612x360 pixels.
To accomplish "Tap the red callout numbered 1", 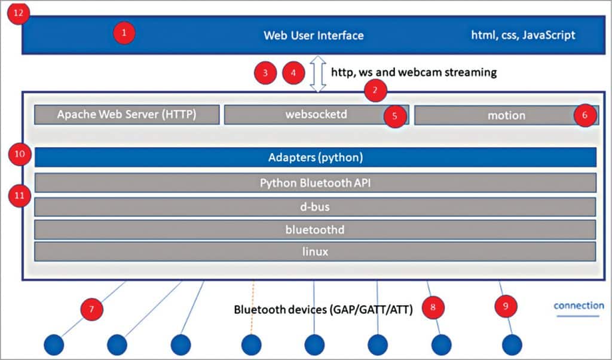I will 124,33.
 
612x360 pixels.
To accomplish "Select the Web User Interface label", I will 313,35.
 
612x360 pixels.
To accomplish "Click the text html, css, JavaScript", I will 523,35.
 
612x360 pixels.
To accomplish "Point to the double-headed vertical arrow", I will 318,74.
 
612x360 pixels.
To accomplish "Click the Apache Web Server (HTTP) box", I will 127,115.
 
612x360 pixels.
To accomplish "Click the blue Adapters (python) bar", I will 316,158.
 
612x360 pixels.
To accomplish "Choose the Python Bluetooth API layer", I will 316,183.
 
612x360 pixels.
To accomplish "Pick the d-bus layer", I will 316,206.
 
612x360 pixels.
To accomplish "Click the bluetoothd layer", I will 316,229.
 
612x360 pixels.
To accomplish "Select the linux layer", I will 316,252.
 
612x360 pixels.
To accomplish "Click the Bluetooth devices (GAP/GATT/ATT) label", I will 323,310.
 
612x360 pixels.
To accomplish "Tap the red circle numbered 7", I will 92,310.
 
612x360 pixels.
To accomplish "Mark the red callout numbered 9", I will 506,307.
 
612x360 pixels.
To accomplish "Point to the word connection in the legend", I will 579,306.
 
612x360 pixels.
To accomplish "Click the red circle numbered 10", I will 20,155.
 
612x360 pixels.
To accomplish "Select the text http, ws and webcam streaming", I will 414,72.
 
